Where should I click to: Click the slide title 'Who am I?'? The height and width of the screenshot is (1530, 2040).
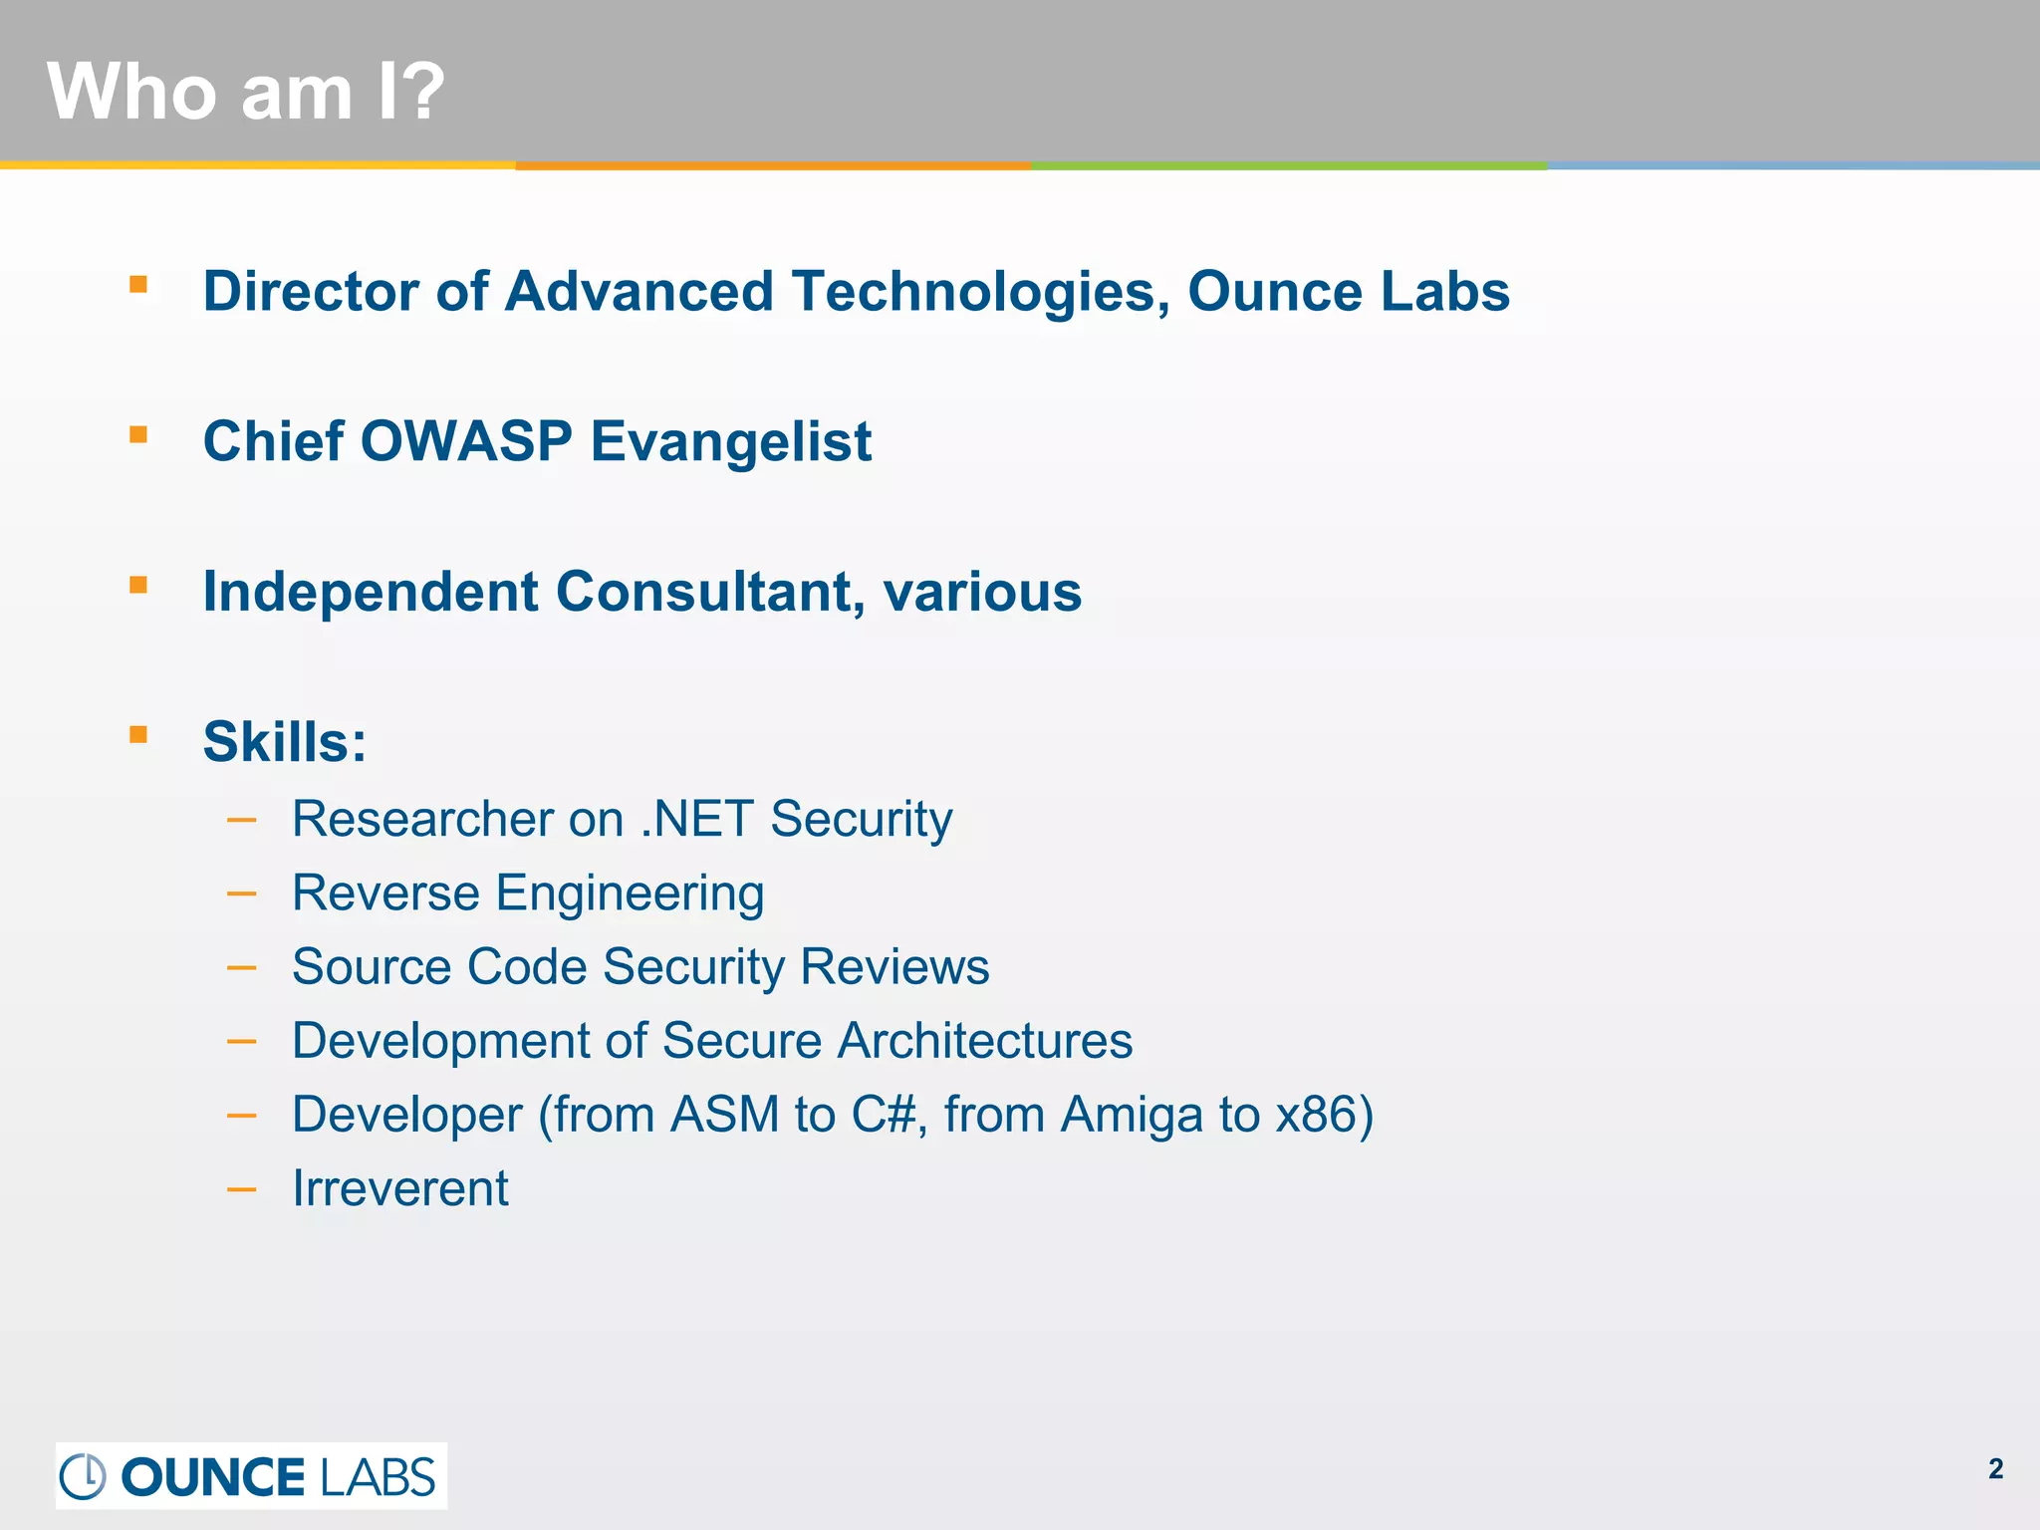tap(245, 92)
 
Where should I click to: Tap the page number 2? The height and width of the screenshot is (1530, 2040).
tap(1995, 1469)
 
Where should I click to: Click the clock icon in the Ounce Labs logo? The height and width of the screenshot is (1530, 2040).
tap(83, 1476)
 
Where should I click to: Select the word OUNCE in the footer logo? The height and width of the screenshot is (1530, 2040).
tap(213, 1477)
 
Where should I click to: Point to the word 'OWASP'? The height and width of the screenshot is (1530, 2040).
tap(466, 441)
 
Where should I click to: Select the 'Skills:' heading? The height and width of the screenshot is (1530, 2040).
tap(285, 742)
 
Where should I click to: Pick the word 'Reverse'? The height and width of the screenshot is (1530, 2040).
tap(385, 892)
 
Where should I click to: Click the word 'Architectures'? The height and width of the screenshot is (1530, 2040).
tap(984, 1041)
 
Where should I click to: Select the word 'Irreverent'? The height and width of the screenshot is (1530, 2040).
tap(400, 1188)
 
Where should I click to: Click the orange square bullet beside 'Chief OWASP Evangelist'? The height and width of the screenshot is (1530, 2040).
tap(138, 435)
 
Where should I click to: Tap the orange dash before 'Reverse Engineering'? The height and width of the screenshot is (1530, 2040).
tap(241, 893)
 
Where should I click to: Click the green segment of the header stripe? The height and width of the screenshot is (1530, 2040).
tap(1289, 165)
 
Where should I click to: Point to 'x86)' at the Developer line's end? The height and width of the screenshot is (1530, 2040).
tap(1325, 1115)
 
